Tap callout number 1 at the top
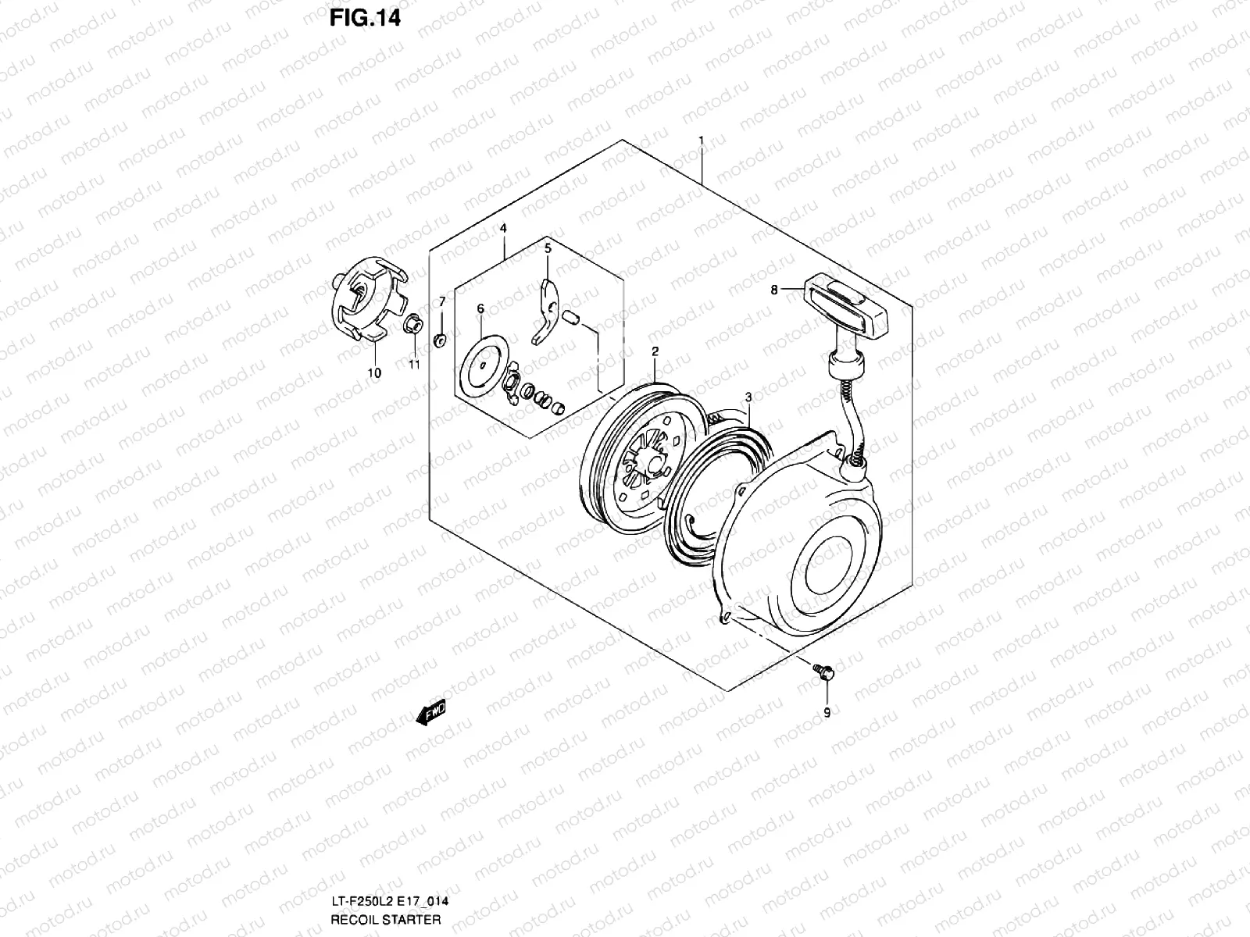pos(702,141)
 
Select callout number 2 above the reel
pos(655,352)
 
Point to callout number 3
pos(748,397)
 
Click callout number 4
pos(503,228)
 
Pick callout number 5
pos(548,248)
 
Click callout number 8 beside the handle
pos(774,290)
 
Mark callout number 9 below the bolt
pos(827,712)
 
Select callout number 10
pos(374,373)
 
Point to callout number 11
pos(413,364)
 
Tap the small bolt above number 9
pos(823,671)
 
